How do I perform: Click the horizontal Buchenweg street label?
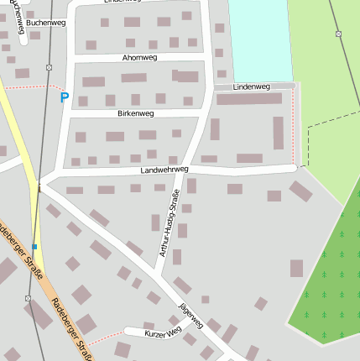45,24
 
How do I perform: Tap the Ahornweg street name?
139,58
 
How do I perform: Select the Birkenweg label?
135,112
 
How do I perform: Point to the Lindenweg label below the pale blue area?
253,86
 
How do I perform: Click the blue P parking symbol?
64,98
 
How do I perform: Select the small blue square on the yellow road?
34,246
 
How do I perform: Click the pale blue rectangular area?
257,38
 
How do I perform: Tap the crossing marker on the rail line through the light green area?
338,34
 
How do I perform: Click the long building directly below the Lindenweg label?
249,99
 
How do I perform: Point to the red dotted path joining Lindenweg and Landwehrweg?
293,126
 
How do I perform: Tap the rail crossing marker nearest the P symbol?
49,67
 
